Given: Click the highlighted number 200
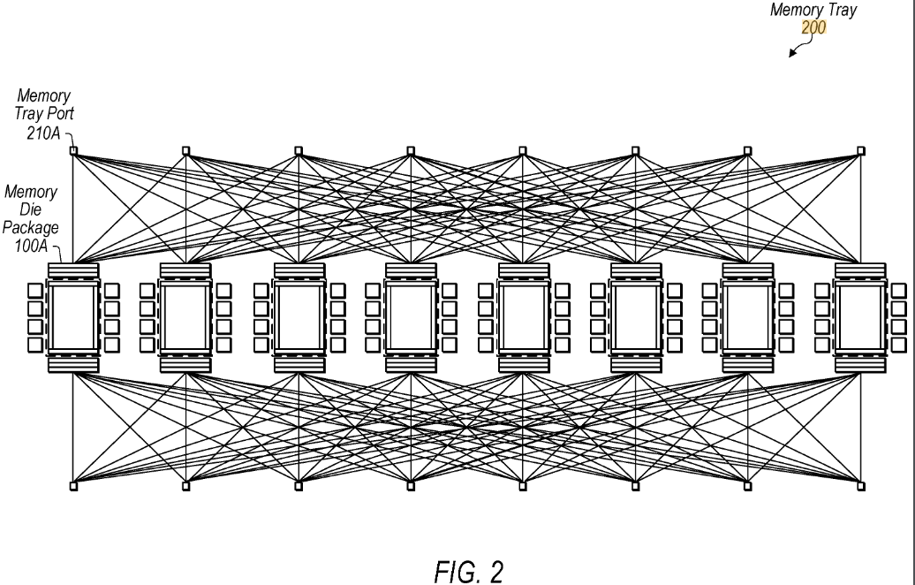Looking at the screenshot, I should (814, 27).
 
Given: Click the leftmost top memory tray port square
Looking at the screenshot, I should (74, 150).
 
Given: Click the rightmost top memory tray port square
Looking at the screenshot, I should (861, 150).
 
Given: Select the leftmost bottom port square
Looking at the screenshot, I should (74, 485).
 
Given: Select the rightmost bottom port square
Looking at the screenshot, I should (861, 485).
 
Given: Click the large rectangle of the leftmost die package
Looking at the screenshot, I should (74, 316).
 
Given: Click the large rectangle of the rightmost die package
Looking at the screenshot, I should (861, 316).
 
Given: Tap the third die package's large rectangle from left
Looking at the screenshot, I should (299, 316).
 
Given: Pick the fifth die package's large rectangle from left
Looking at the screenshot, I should (523, 316).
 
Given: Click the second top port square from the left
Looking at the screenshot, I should (186, 150).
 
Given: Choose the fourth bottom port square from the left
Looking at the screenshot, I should (411, 485).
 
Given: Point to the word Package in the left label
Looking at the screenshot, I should (33, 227).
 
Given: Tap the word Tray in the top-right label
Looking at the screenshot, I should (837, 11).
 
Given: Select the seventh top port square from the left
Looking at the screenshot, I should (748, 150).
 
